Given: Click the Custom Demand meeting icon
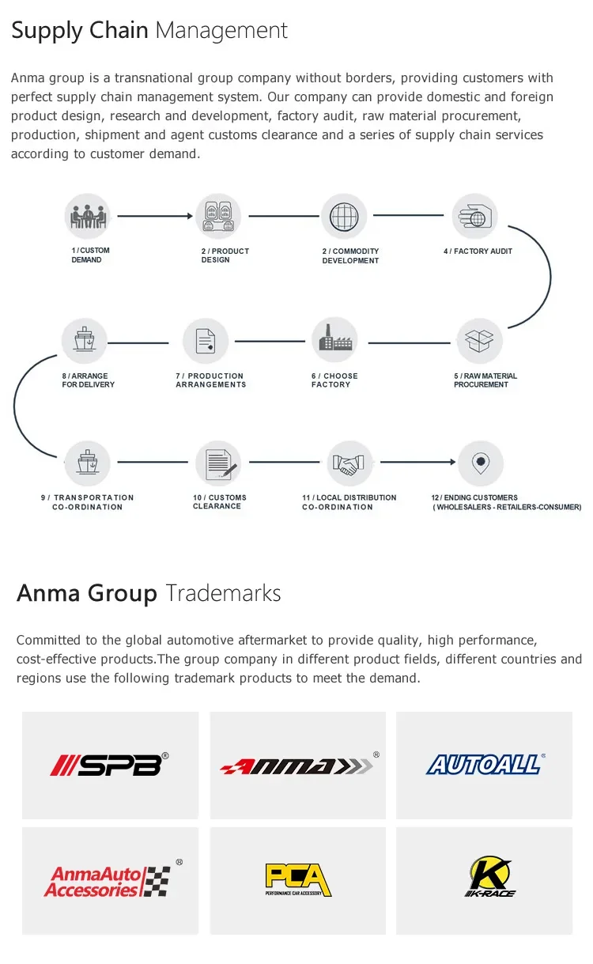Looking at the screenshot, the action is coord(87,216).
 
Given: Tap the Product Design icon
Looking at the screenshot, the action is coord(217,216).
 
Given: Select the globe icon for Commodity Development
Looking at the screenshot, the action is coord(344,216).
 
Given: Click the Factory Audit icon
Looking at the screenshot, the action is coord(474,216).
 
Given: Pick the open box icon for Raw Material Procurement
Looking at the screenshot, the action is coord(480,341).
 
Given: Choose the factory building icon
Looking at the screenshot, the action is coord(334,341).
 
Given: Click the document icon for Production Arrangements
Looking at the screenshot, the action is coord(206,341).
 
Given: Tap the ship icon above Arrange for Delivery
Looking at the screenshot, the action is coord(84,341).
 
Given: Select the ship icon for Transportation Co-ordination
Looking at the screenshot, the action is coord(87,463).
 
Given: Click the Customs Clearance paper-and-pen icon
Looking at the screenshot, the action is coord(218,463).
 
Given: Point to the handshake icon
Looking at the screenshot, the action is coord(349,463).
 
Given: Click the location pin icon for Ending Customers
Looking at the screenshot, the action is coord(480,463).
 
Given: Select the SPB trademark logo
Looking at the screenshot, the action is coord(110,765).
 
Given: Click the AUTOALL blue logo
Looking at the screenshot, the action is coord(484,765).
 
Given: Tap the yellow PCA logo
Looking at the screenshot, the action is coord(298,879).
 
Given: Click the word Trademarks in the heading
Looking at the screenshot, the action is coord(223,593).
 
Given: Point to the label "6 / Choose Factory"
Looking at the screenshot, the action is coord(334,380).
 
